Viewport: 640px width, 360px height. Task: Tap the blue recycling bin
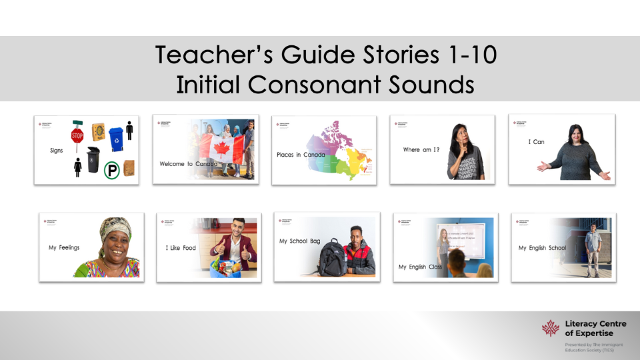pos(117,137)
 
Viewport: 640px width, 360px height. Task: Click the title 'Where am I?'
pos(421,150)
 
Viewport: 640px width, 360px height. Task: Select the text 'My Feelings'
pos(64,248)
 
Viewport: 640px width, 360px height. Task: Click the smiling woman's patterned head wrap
pos(115,228)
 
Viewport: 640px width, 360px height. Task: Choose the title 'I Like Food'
pos(181,249)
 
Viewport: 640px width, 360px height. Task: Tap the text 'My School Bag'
pos(303,241)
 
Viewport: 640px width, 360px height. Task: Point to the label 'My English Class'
pos(421,267)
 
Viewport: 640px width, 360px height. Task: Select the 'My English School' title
pos(543,248)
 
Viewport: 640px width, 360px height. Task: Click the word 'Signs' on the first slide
pos(57,151)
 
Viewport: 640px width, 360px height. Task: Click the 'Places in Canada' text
pos(301,155)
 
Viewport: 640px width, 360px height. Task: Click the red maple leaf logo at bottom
pos(551,328)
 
